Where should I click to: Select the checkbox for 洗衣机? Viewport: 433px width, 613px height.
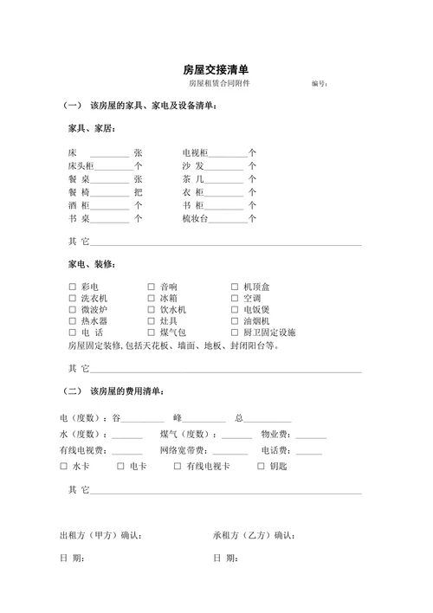pyautogui.click(x=73, y=299)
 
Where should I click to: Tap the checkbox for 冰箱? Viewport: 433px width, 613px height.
pyautogui.click(x=152, y=299)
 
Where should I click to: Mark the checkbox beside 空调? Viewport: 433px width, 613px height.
pyautogui.click(x=235, y=299)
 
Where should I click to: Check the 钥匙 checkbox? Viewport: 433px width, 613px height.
pyautogui.click(x=261, y=467)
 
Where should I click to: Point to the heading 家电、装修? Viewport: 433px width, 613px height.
pyautogui.click(x=93, y=264)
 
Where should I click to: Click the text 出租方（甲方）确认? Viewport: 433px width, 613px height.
pyautogui.click(x=100, y=536)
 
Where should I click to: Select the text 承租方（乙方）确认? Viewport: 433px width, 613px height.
pyautogui.click(x=255, y=536)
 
